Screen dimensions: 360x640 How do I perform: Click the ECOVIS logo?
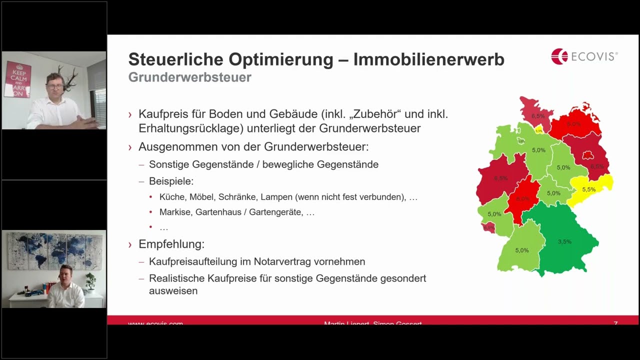[x=584, y=56]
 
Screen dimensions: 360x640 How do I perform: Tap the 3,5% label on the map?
[x=564, y=241]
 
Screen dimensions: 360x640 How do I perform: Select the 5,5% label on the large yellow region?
[x=588, y=189]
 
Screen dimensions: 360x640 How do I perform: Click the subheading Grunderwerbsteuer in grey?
[x=189, y=77]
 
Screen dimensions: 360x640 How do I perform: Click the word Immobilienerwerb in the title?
[x=428, y=59]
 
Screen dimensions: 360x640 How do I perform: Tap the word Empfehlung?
[x=171, y=244]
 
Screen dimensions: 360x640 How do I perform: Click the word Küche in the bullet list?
[x=172, y=197]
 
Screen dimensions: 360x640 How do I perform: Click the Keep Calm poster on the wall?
[x=17, y=79]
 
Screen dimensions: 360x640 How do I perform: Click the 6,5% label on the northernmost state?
[x=538, y=116]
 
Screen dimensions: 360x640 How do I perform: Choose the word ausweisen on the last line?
[x=173, y=290]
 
